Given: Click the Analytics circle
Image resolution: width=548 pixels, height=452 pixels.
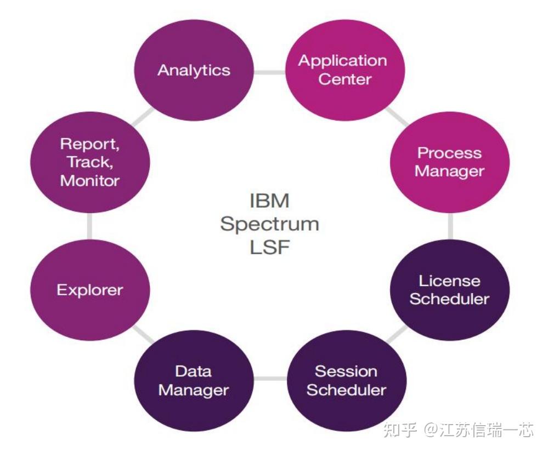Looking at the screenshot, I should [x=194, y=70].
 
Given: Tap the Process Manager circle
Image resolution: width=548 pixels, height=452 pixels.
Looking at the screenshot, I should [x=449, y=162].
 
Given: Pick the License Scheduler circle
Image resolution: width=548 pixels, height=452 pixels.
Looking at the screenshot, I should [x=449, y=290].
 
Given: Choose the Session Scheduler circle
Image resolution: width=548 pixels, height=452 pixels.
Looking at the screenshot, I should [x=346, y=380].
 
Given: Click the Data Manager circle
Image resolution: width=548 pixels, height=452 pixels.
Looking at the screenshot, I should [x=194, y=380].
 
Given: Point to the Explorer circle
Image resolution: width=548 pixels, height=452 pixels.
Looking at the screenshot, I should [x=89, y=290].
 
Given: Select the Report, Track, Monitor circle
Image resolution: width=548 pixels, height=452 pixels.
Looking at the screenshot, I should [x=89, y=162].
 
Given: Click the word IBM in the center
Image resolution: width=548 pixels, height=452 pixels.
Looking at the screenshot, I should [x=269, y=201].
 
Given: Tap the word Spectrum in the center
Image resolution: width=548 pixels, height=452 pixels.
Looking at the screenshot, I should [x=269, y=224].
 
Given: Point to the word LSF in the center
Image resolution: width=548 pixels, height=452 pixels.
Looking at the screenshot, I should [x=269, y=247].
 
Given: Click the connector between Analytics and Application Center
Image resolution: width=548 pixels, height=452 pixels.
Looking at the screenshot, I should [x=269, y=72].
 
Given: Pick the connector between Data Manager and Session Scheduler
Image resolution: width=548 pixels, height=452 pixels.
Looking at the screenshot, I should [x=269, y=379].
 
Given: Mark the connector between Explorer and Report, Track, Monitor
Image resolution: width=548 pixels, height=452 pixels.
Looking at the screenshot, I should [x=89, y=226].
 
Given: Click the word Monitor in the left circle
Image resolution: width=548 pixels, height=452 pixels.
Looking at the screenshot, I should [x=89, y=180].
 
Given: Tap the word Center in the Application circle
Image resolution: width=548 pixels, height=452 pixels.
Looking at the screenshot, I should [x=344, y=79].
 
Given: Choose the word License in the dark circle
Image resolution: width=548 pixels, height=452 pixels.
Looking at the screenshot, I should [x=449, y=281].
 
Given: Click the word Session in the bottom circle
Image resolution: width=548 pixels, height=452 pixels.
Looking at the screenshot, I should [x=346, y=371].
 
